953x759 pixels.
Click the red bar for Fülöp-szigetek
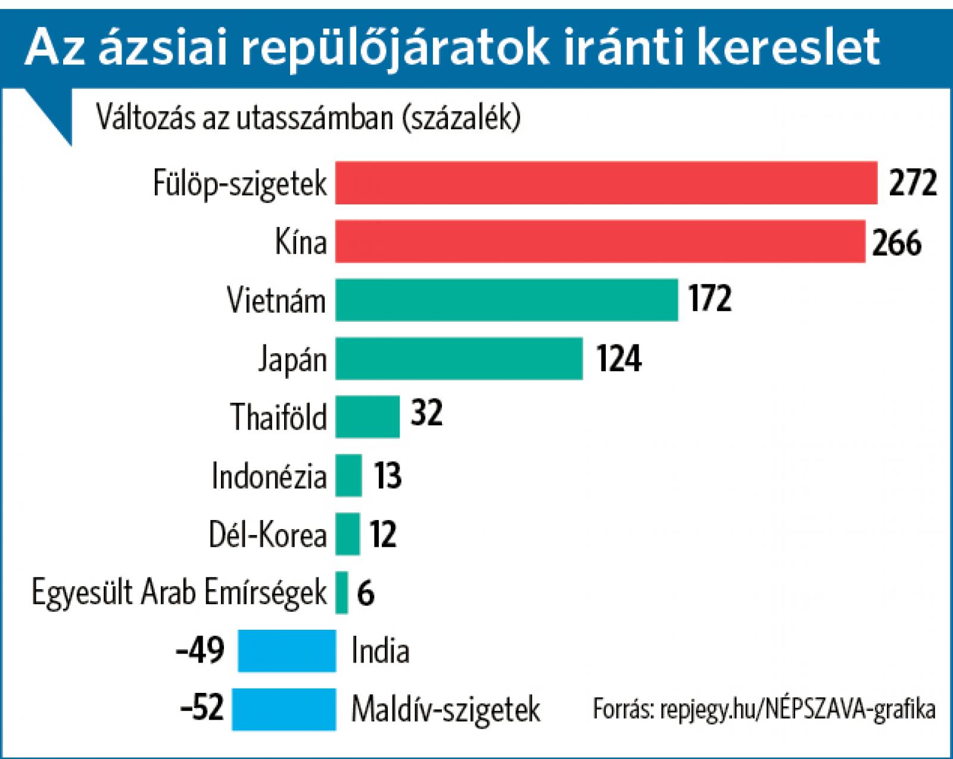[606, 183]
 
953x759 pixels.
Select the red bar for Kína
[600, 241]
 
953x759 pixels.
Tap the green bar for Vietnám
[506, 300]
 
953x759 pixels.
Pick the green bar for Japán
[459, 358]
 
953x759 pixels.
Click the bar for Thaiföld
[367, 416]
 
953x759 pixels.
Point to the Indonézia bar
[348, 475]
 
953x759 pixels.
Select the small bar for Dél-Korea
[347, 533]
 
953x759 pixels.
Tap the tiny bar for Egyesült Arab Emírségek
[341, 592]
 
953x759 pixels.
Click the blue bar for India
[286, 651]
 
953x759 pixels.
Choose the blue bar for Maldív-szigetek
[284, 709]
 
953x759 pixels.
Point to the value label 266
[897, 242]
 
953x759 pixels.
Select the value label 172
[709, 299]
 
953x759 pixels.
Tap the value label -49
[201, 650]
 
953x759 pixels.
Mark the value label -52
[201, 708]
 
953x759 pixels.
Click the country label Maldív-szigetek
[446, 710]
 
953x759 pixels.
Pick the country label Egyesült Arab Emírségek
[179, 593]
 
